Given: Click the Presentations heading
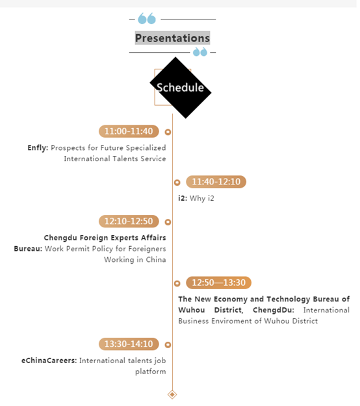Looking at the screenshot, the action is point(172,38).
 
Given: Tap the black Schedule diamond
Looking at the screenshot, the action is point(181,88).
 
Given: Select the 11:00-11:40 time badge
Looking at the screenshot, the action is point(129,131).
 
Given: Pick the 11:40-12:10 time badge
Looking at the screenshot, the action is point(216,182).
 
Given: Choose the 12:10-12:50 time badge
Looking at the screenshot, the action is point(129,222).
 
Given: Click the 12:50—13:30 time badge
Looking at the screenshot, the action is point(218,283).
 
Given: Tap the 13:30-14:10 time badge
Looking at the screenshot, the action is point(129,344).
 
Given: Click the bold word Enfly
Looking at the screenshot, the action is point(38,148).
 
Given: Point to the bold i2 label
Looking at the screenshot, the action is point(183,198).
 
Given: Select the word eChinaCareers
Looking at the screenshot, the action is point(49,361).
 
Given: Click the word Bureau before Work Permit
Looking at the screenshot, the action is point(28,249).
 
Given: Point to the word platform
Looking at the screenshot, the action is point(151,372).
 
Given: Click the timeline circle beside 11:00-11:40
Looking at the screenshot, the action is point(168,132).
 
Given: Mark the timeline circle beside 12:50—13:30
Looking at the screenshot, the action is point(177,283).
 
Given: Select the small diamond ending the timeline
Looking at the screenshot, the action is point(172,394).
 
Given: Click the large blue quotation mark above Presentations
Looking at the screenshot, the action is point(147,18).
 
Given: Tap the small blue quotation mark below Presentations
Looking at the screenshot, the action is point(200,52).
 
